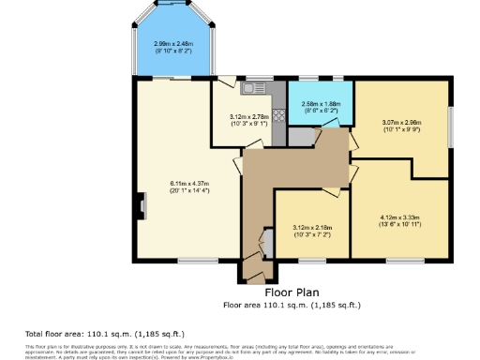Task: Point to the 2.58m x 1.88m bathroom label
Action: coord(320,107)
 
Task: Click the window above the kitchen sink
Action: coord(254,78)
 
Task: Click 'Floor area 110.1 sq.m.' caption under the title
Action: coord(291,305)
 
